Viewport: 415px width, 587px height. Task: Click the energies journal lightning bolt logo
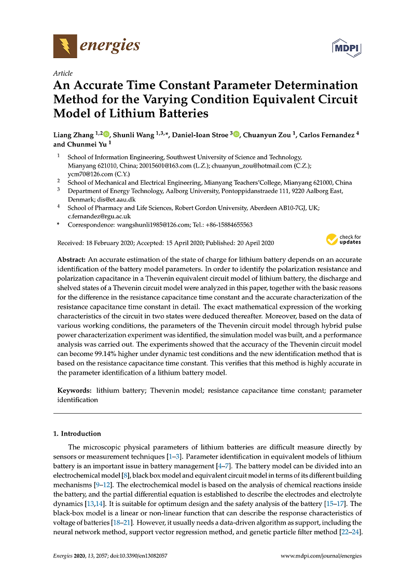click(65, 46)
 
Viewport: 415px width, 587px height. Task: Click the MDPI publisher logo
click(347, 48)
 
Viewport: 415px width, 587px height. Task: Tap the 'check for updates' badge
click(343, 240)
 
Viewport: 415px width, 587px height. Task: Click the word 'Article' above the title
click(63, 73)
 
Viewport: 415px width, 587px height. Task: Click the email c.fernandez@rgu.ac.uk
click(99, 216)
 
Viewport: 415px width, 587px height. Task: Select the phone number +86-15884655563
click(227, 225)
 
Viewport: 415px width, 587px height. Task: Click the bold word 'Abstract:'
click(72, 259)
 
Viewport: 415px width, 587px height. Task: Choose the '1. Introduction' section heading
click(78, 433)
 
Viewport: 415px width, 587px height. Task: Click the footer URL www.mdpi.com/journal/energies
click(321, 555)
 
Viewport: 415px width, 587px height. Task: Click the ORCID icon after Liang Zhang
click(107, 135)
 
